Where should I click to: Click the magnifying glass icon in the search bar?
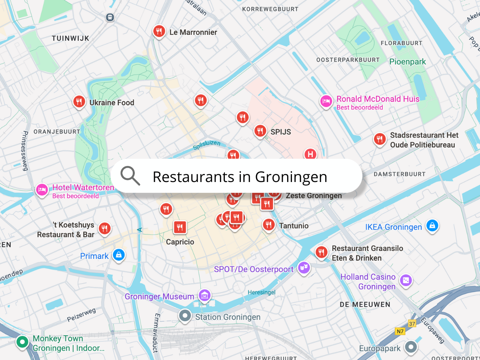(130, 176)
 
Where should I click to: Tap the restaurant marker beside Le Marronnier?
(159, 31)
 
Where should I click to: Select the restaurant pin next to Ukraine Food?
(79, 102)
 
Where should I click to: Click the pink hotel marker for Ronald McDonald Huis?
(326, 101)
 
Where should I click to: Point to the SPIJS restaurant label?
(280, 132)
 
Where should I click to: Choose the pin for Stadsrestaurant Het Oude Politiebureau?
(379, 139)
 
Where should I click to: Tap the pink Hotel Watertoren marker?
(42, 190)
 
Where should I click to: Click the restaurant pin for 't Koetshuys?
(104, 228)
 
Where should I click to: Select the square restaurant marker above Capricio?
(180, 227)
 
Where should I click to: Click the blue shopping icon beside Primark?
(118, 255)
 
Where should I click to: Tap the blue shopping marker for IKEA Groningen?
(432, 226)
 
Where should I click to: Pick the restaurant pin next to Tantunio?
(268, 225)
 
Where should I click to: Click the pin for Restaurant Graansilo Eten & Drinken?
(321, 252)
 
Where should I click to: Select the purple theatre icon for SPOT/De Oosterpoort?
(304, 268)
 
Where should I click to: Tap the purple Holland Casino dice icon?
(406, 280)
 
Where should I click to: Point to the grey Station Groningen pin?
(185, 316)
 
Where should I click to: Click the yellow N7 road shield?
(400, 331)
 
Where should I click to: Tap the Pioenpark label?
(408, 62)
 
